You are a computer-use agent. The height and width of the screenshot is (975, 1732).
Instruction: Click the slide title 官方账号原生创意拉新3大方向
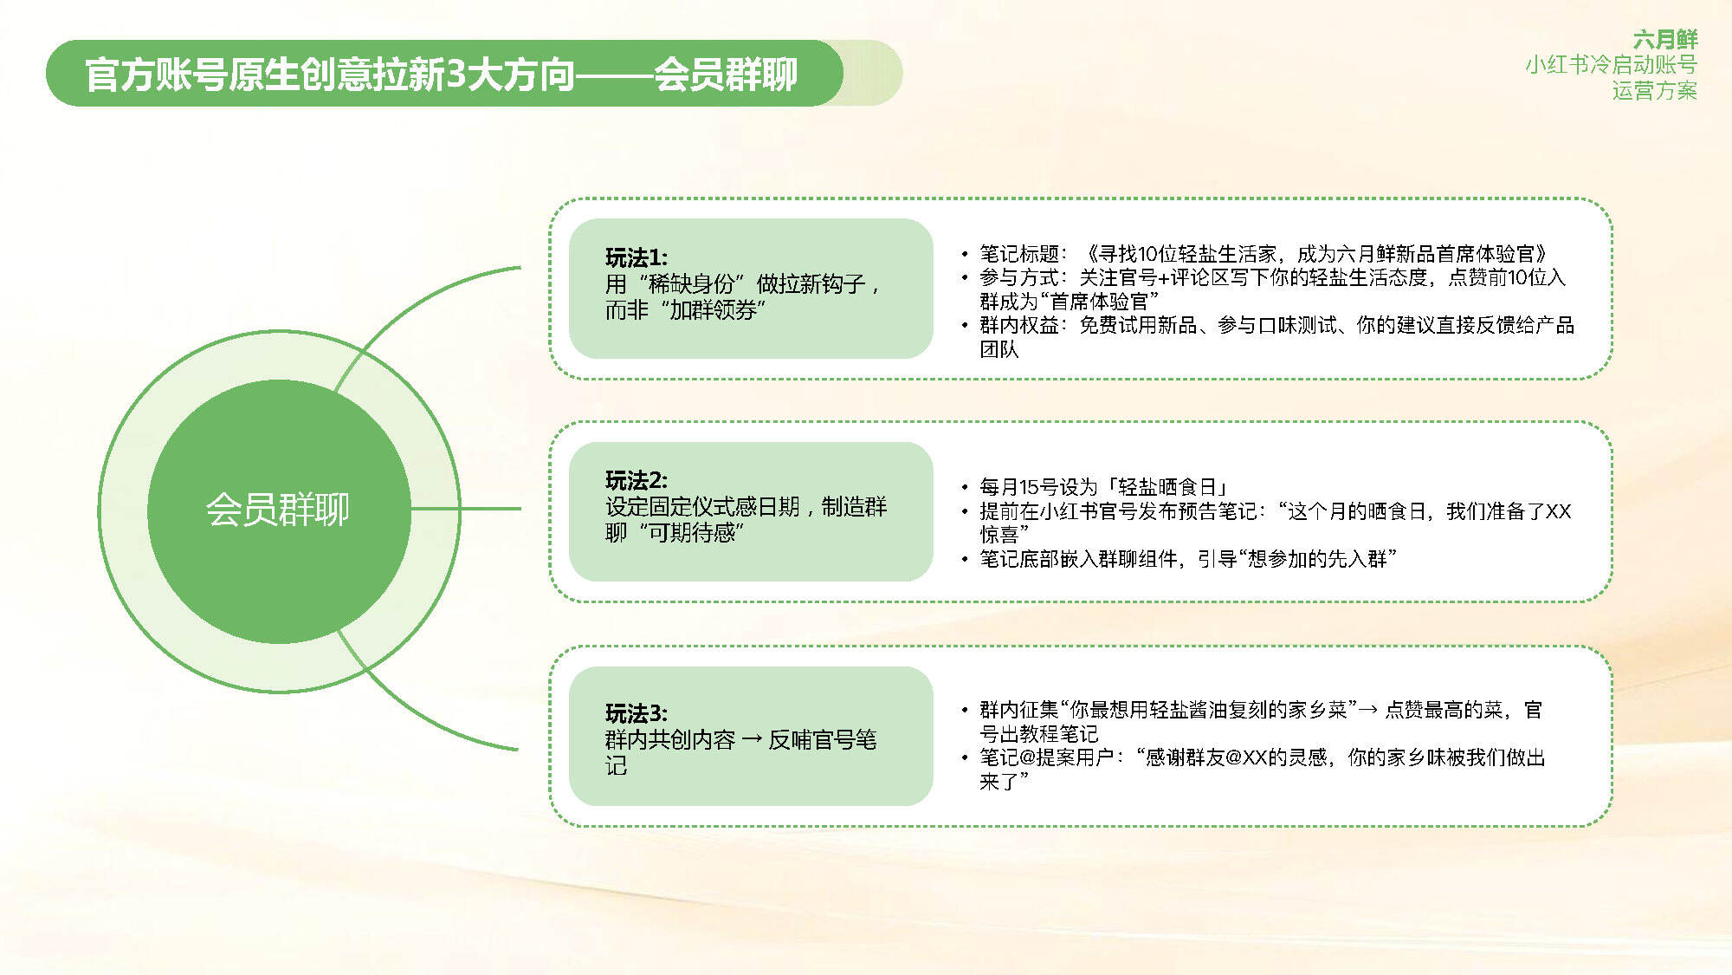click(330, 75)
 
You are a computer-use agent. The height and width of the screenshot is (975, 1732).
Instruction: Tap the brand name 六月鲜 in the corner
click(1665, 40)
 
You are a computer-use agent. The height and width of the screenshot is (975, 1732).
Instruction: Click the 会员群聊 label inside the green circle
click(278, 510)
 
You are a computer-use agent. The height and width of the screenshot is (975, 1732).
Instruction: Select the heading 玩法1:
click(637, 257)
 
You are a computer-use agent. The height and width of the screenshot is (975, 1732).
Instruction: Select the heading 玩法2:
click(637, 480)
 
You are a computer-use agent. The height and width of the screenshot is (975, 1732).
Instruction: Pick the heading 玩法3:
click(637, 713)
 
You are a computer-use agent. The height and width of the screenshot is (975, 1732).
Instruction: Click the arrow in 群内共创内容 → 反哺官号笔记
click(752, 740)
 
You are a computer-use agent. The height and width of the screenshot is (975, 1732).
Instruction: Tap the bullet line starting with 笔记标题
click(1263, 254)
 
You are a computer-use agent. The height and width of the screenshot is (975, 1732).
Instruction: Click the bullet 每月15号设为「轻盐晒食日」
click(1103, 487)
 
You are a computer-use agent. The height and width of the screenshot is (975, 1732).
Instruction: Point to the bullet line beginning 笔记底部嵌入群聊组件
click(1187, 559)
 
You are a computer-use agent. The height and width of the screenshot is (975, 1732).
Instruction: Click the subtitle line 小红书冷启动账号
click(1611, 65)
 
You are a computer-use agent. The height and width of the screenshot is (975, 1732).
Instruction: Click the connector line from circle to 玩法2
click(466, 509)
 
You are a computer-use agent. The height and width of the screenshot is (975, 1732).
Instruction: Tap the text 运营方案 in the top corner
click(1654, 91)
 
